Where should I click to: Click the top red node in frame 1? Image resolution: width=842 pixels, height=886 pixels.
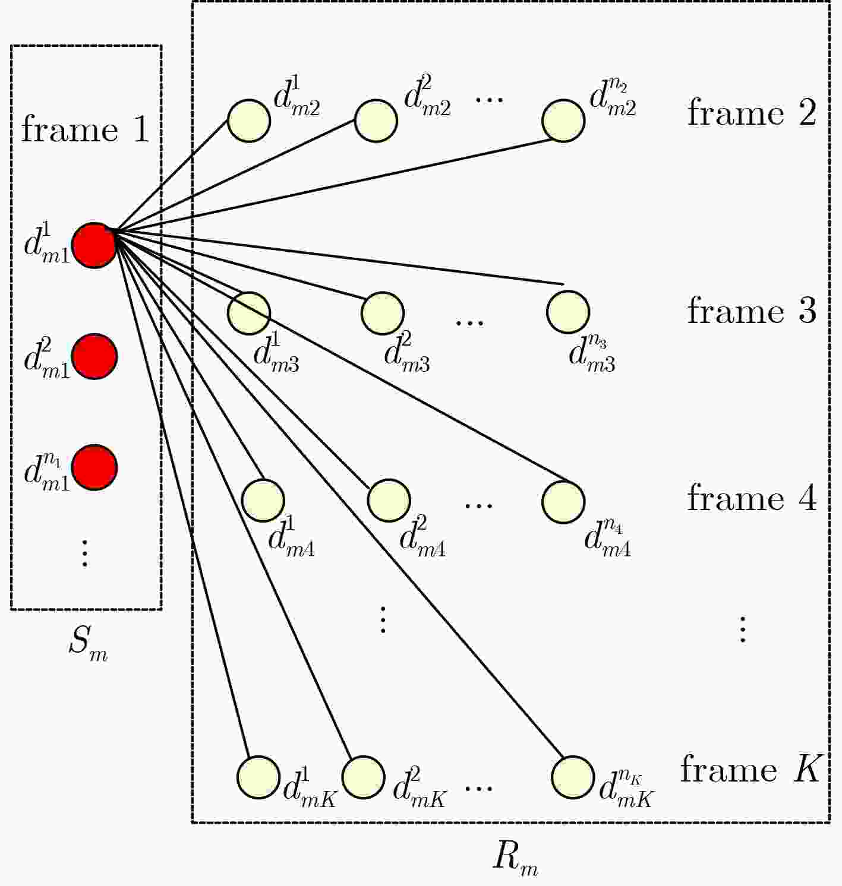(x=94, y=246)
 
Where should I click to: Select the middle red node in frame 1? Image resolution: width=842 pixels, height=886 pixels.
(x=94, y=356)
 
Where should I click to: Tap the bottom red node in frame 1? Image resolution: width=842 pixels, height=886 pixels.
(x=94, y=467)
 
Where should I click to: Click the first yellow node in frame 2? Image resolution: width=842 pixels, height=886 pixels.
(x=249, y=121)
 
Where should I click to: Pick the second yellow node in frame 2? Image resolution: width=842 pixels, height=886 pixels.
(x=376, y=121)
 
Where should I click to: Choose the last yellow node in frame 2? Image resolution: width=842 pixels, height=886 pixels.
(x=564, y=121)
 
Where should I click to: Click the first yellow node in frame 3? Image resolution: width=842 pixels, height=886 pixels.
(x=249, y=313)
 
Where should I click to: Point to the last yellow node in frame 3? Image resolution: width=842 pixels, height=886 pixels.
(x=568, y=312)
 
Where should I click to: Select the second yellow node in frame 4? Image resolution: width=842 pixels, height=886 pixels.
(x=389, y=501)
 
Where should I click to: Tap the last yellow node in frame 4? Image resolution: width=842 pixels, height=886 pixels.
(x=564, y=502)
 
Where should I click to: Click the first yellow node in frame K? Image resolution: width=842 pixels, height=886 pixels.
(x=258, y=777)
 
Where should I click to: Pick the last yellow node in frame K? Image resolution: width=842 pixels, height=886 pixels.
(x=573, y=777)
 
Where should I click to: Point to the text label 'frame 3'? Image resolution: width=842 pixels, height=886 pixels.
(x=752, y=311)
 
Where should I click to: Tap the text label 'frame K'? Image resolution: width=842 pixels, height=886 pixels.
(x=749, y=769)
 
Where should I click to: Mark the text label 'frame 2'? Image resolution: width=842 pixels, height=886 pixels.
(x=752, y=112)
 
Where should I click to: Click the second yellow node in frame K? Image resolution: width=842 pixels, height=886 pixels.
(x=364, y=777)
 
